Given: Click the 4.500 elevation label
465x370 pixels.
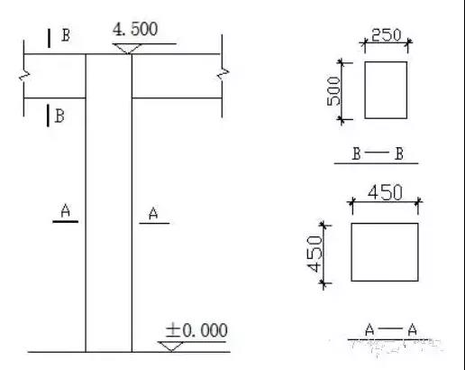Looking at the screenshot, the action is [135, 30].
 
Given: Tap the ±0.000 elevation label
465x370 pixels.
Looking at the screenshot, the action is [196, 330].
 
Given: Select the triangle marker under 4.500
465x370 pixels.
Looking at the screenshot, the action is [127, 49].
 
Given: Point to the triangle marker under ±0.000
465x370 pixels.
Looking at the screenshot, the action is [171, 347].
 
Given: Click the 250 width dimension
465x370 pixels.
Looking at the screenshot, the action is [386, 35].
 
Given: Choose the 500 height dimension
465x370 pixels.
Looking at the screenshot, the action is [334, 91].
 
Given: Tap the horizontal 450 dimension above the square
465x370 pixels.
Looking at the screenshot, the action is [385, 192].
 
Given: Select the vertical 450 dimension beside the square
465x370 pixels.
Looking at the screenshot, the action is [315, 254].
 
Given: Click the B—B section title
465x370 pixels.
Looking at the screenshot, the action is [378, 153].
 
